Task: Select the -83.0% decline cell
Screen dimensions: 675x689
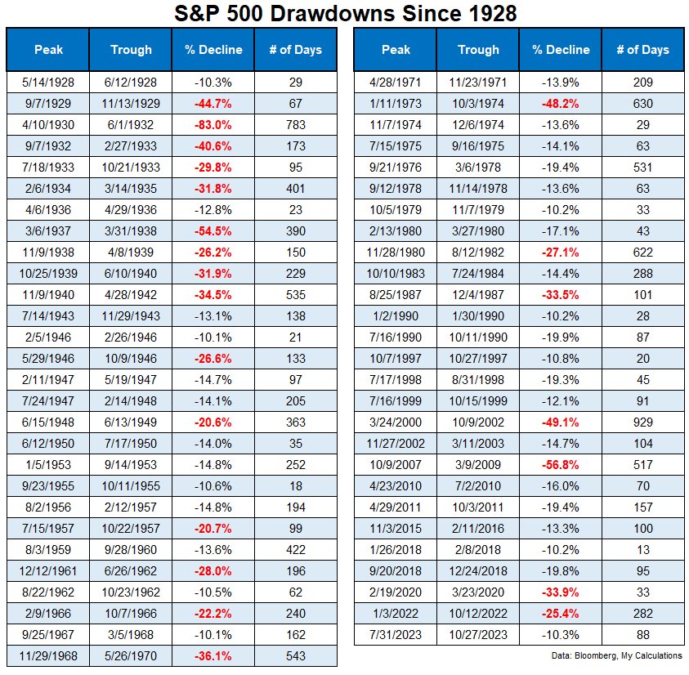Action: [x=213, y=124]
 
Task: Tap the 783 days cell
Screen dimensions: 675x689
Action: [x=296, y=124]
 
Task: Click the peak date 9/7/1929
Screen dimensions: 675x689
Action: [x=47, y=103]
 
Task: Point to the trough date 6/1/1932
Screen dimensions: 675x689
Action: [x=131, y=124]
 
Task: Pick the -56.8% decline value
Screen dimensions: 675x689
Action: [x=560, y=464]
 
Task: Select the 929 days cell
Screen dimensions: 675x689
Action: [x=643, y=422]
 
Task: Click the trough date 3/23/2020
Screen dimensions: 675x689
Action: [x=478, y=592]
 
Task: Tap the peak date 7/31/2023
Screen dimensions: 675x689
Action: [x=395, y=634]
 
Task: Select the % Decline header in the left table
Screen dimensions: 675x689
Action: [x=213, y=50]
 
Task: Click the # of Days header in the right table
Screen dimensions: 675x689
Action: [x=643, y=50]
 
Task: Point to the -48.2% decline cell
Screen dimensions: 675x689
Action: [x=560, y=103]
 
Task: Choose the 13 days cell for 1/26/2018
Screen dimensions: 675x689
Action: [x=643, y=549]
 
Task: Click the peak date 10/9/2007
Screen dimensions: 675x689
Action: [x=395, y=464]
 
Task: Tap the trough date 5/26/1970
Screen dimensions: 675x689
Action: [x=131, y=655]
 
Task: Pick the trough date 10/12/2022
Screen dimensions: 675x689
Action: [x=478, y=613]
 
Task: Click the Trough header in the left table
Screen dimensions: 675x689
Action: [x=131, y=50]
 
